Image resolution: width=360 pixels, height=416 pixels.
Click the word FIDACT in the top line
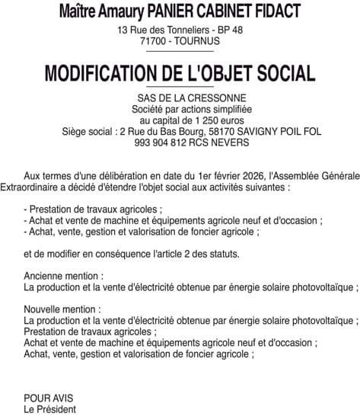pos(272,11)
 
